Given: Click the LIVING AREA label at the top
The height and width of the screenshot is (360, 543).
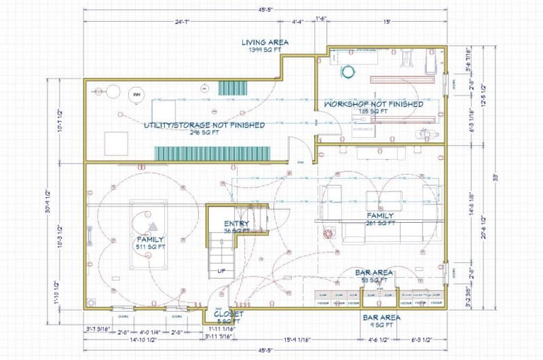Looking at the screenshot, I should tap(265, 42).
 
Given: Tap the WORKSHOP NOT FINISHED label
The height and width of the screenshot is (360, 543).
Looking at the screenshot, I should tap(373, 105).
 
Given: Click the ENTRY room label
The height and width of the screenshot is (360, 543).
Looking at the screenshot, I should tap(237, 223).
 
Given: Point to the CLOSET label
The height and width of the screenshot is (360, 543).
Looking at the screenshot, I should tap(229, 314).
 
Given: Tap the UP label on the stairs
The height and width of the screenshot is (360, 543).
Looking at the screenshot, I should tap(221, 270).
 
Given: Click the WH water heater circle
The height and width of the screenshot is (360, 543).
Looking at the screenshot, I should tap(136, 94).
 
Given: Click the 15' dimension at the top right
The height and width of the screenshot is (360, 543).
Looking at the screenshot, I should tap(386, 21).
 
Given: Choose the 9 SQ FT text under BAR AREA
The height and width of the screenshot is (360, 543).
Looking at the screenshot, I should tap(380, 325).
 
